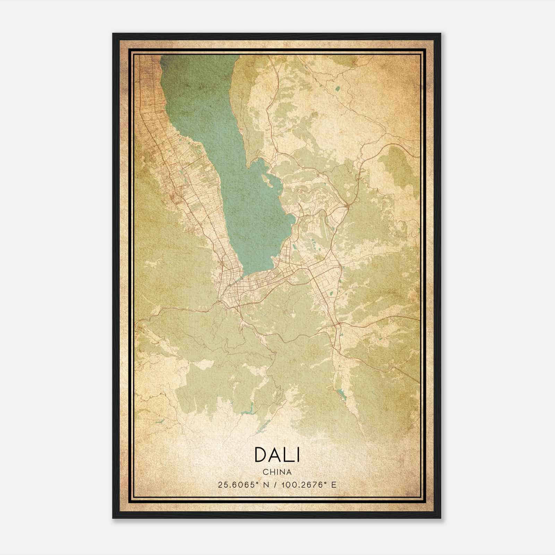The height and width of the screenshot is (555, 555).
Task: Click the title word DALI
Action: click(277, 454)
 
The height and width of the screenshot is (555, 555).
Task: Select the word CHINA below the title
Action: click(277, 472)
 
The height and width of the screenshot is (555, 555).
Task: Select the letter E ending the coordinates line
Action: click(334, 485)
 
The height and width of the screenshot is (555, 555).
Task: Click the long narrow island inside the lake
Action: click(267, 181)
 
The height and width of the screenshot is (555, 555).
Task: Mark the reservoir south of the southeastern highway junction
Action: click(342, 394)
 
